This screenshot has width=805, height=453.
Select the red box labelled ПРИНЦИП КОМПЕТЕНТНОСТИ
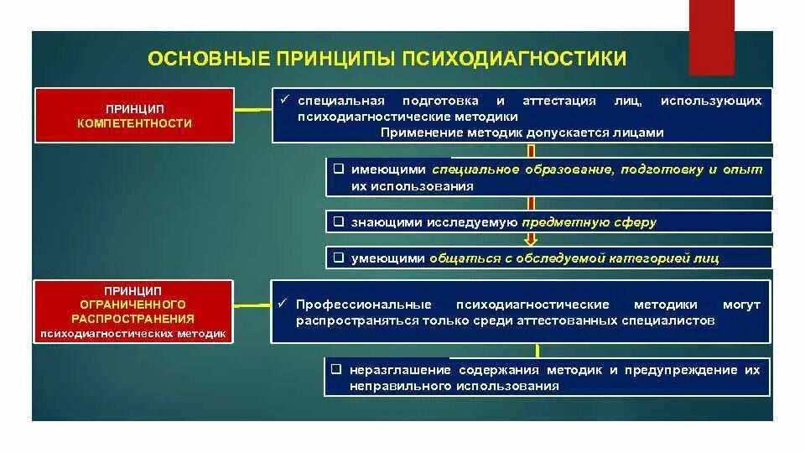coord(134,116)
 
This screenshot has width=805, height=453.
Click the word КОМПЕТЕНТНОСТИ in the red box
coord(134,123)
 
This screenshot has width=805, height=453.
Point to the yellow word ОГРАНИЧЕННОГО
coord(134,304)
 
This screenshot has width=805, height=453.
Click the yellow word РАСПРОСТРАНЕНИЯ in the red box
coord(134,319)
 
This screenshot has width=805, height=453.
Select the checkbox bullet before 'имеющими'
coord(337,169)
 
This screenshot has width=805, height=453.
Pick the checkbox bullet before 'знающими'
coord(337,222)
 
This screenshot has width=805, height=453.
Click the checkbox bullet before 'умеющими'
coord(337,258)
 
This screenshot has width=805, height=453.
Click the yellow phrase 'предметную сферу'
coord(589,222)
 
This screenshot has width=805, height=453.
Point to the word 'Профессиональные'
coord(364,305)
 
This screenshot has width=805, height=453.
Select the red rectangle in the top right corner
coord(712,38)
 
